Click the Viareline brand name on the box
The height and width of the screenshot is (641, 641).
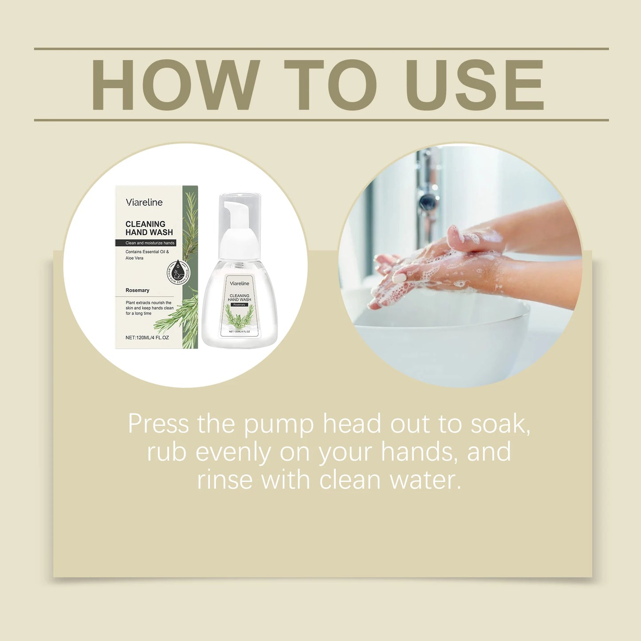[x=144, y=202]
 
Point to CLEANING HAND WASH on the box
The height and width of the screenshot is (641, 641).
[x=149, y=228]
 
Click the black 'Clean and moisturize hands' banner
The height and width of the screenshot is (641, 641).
[x=146, y=243]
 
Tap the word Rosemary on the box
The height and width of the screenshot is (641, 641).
[x=138, y=290]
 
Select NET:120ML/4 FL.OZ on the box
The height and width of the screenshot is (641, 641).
[x=147, y=338]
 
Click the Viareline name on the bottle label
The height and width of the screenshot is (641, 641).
[x=240, y=283]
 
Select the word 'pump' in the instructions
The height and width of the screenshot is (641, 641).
[x=279, y=424]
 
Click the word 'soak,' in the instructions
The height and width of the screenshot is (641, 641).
[x=500, y=424]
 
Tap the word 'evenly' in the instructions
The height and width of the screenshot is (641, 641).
[x=233, y=452]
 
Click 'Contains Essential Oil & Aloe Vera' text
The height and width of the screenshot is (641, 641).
[x=147, y=255]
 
